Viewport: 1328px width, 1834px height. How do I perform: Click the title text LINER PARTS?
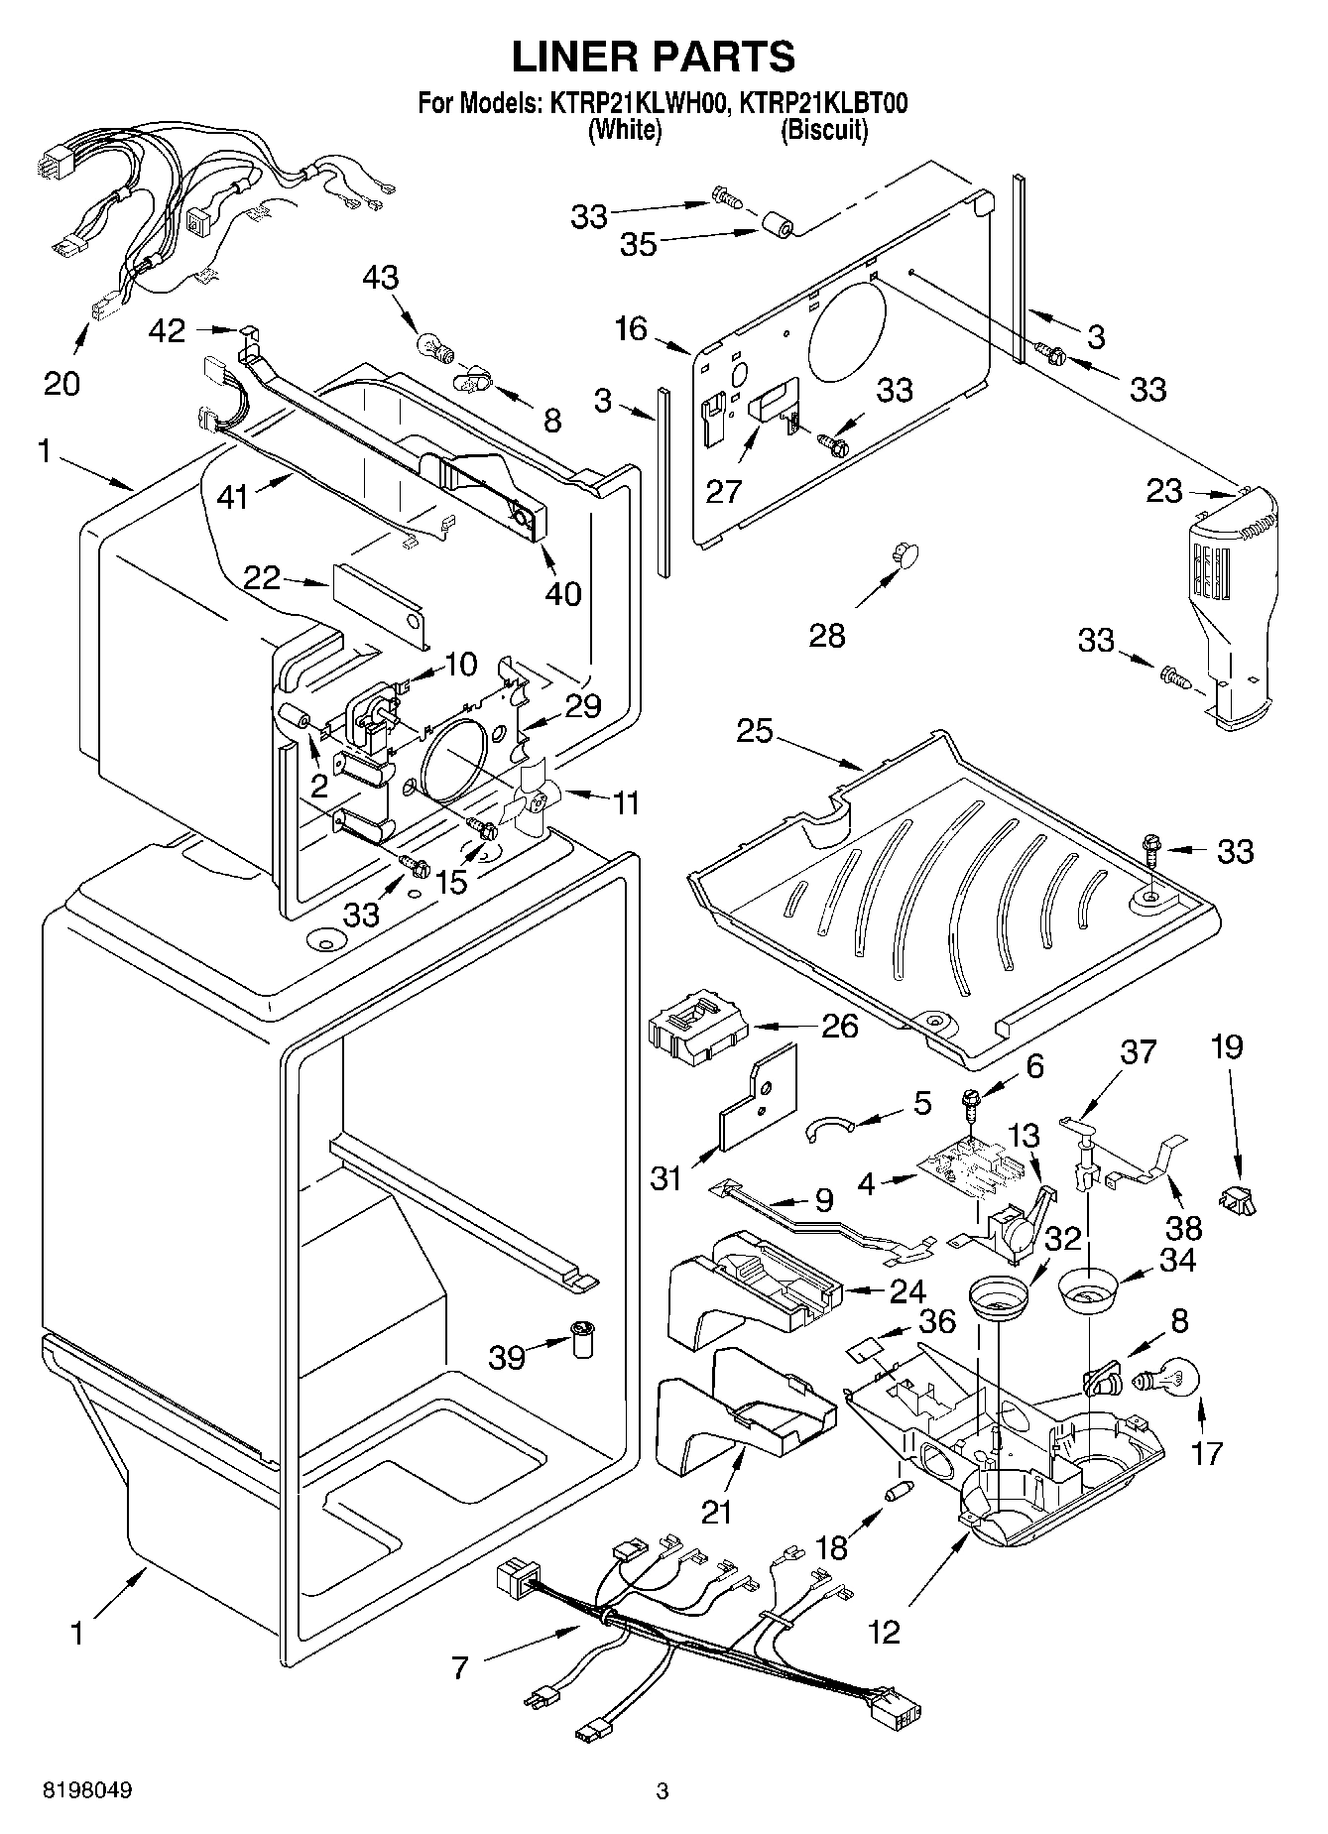click(x=653, y=58)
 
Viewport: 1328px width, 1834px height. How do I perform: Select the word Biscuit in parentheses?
click(x=823, y=130)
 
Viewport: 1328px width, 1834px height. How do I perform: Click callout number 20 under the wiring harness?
click(x=61, y=382)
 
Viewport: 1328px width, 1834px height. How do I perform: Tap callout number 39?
click(x=507, y=1356)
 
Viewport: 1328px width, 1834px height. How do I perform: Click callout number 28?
click(x=827, y=635)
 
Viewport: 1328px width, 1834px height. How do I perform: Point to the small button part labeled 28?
click(x=905, y=553)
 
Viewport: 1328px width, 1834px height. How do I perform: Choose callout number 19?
click(x=1227, y=1046)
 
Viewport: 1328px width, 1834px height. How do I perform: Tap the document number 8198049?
click(x=87, y=1790)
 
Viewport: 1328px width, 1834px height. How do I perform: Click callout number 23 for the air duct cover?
click(x=1165, y=490)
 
